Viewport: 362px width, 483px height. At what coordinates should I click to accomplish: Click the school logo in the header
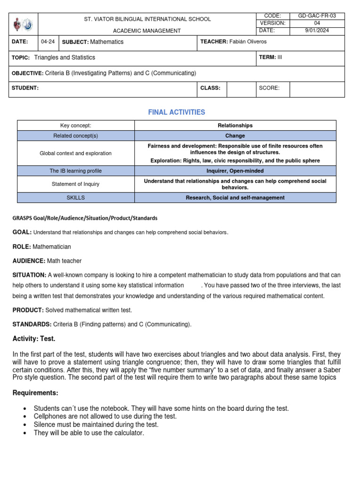click(22, 24)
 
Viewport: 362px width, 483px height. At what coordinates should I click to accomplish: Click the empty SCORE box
click(317, 88)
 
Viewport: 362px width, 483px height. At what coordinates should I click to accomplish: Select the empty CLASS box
click(241, 88)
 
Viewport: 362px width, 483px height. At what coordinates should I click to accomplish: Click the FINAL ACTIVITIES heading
click(177, 112)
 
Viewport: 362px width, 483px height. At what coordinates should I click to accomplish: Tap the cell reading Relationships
click(235, 125)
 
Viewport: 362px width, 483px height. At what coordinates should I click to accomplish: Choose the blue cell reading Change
click(235, 136)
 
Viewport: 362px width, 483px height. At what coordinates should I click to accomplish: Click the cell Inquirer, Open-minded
click(235, 171)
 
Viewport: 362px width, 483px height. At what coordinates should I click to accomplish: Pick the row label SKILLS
click(76, 198)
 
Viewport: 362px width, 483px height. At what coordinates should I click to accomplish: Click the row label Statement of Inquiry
click(76, 184)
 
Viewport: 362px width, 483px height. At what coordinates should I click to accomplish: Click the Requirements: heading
click(35, 393)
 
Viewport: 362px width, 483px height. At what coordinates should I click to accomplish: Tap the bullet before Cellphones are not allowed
click(24, 416)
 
